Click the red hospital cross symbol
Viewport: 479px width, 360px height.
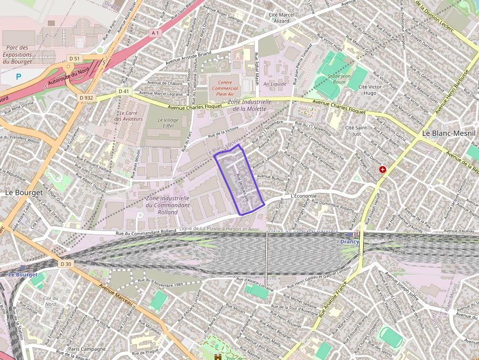383,169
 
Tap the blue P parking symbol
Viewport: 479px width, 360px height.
19,76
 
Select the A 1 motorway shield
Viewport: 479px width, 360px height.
155,33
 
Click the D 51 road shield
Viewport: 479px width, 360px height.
74,59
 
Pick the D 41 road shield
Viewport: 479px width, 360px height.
124,91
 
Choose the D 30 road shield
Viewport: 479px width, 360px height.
66,264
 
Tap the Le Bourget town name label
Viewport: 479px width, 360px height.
23,192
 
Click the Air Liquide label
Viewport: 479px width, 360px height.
275,84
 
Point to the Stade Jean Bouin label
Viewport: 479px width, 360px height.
340,79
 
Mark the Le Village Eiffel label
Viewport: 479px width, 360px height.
168,123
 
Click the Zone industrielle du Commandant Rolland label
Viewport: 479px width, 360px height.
168,205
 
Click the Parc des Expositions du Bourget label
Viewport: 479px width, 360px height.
17,55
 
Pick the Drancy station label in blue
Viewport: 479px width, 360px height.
350,242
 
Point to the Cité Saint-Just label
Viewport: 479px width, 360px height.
356,130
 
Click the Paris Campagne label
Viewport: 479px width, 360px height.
87,349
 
